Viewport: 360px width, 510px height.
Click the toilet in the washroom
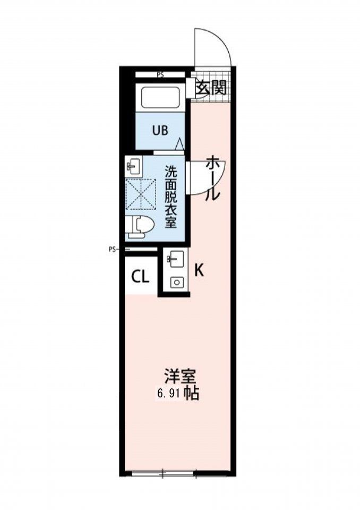(140, 226)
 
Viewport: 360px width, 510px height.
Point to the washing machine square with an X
(141, 194)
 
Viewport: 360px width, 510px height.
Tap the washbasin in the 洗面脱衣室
(134, 166)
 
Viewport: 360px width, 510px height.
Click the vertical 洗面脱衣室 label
(170, 197)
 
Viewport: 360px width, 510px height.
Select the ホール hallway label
(212, 178)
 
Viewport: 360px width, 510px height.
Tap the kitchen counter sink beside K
(175, 260)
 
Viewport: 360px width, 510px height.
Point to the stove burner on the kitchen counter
(175, 283)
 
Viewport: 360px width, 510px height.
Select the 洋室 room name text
(180, 377)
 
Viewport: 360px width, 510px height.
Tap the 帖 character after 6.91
(192, 394)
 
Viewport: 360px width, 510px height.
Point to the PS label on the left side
(112, 248)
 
